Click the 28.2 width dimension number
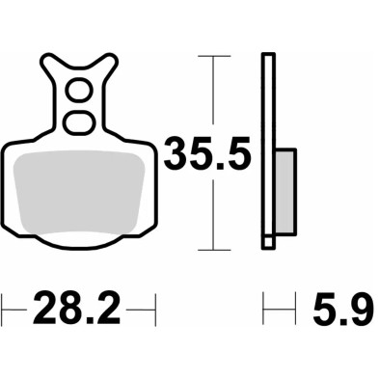pyautogui.click(x=77, y=311)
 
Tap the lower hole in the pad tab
pyautogui.click(x=76, y=122)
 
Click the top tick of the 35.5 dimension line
pyautogui.click(x=214, y=57)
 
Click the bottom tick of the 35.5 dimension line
pyautogui.click(x=214, y=250)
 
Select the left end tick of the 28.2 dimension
pyautogui.click(x=3, y=311)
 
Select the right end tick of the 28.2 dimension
pyautogui.click(x=154, y=311)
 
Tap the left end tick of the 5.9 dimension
pyautogui.click(x=264, y=311)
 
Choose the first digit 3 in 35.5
pyautogui.click(x=178, y=153)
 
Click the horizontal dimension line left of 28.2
pyautogui.click(x=16, y=311)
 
